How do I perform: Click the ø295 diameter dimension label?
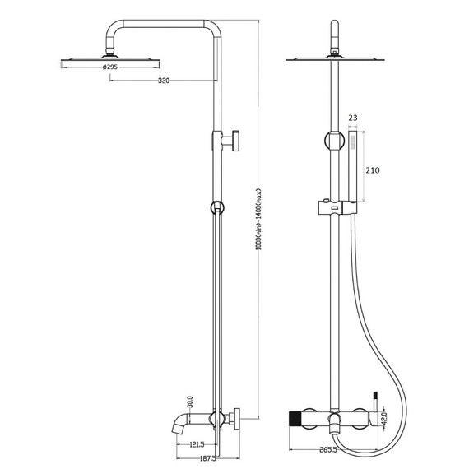(110, 67)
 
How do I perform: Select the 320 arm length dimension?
(164, 81)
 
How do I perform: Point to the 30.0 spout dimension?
(191, 402)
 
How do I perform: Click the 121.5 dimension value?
(197, 445)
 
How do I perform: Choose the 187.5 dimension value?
(207, 458)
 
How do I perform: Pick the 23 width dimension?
(353, 118)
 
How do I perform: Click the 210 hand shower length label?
(373, 170)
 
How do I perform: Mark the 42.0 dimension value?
(384, 418)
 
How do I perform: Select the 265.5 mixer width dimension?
(328, 449)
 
